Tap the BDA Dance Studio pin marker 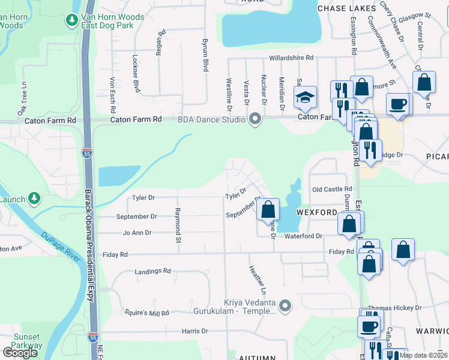tap(256, 119)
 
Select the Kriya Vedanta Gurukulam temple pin tap(285, 307)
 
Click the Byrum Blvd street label tap(205, 56)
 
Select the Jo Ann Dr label tap(137, 233)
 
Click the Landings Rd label tap(152, 271)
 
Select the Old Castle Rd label tap(328, 190)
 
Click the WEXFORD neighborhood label tap(317, 213)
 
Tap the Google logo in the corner tap(20, 353)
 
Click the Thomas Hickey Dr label tap(394, 308)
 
